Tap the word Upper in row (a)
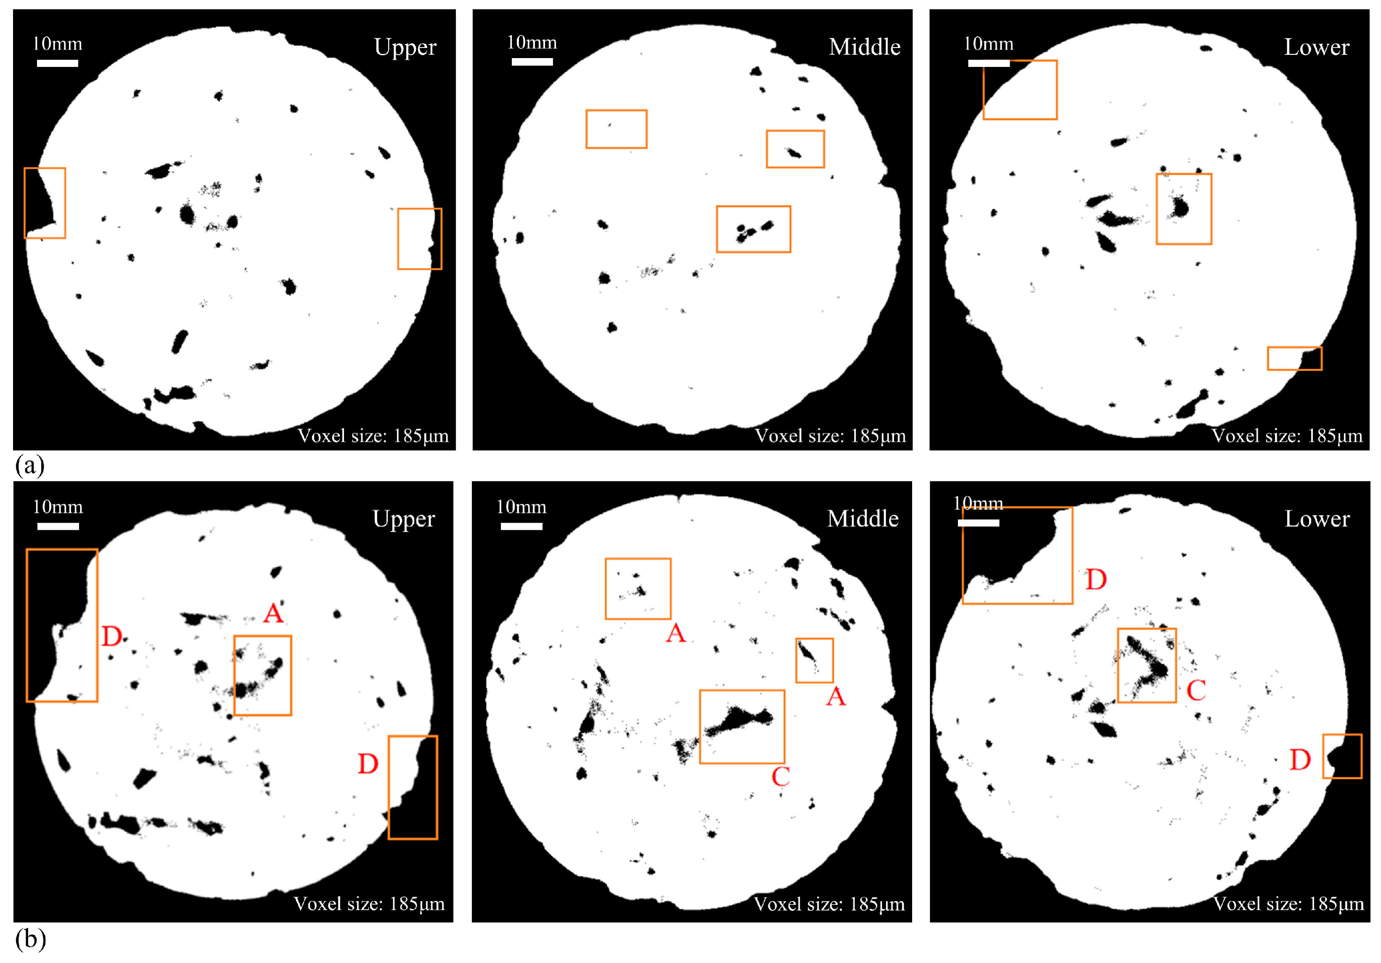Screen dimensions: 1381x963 point(405,48)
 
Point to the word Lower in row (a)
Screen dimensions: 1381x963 point(1317,47)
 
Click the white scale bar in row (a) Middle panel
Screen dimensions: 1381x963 point(532,61)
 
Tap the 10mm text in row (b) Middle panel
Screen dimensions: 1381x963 point(521,507)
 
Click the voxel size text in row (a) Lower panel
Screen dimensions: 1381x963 point(1286,436)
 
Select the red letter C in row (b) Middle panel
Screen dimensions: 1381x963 point(781,777)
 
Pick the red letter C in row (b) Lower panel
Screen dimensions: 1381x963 point(1196,690)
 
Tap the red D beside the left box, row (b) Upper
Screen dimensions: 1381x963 point(112,636)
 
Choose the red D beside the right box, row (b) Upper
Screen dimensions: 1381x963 point(368,764)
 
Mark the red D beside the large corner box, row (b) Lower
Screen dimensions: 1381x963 point(1096,580)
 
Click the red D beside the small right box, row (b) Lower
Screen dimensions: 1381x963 point(1300,760)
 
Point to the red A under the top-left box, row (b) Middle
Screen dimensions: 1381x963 point(675,633)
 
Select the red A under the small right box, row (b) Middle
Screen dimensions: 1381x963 point(836,697)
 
